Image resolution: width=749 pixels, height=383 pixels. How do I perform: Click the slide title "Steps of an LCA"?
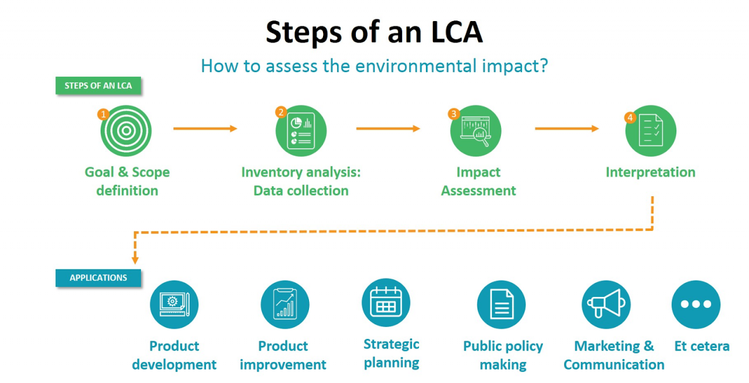point(374,32)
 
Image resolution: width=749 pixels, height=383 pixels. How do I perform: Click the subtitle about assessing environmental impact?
point(374,65)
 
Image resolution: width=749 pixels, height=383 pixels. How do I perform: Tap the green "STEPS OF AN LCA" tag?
point(98,86)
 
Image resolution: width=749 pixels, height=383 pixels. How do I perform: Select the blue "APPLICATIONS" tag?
point(98,278)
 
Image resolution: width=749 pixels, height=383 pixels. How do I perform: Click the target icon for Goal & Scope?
point(126,131)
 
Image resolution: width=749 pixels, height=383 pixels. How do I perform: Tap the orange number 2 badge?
point(280,111)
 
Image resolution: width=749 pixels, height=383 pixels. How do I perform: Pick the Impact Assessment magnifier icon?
point(475,131)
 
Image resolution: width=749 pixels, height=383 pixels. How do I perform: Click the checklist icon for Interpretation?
point(651,131)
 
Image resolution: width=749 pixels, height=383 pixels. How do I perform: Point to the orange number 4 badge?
point(630,117)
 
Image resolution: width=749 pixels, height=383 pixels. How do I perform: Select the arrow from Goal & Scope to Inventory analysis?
point(205,128)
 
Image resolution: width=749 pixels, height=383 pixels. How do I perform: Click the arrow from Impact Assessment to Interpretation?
point(566,128)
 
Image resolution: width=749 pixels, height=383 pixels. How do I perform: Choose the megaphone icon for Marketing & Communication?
point(606,305)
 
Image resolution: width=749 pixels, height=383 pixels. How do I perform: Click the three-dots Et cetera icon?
point(696,305)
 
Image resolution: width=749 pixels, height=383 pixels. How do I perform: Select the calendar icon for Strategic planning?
point(386,302)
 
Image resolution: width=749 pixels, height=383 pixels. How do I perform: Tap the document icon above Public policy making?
point(501,305)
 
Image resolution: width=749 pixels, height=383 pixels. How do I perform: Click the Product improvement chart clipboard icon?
point(285,305)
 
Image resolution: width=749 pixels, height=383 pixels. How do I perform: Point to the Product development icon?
point(174,305)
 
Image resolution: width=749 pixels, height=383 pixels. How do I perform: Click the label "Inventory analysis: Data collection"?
point(301,182)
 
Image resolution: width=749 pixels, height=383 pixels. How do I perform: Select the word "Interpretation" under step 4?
point(650,172)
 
